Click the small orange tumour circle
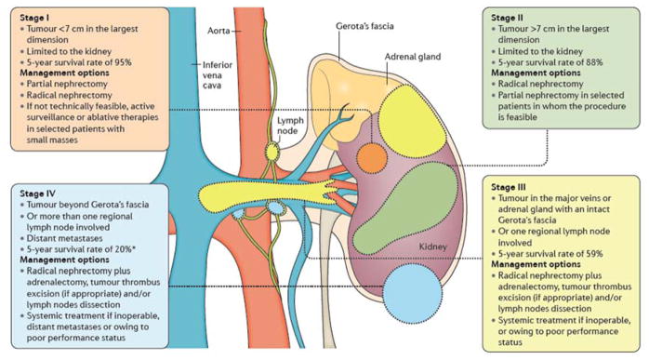click(371, 155)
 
